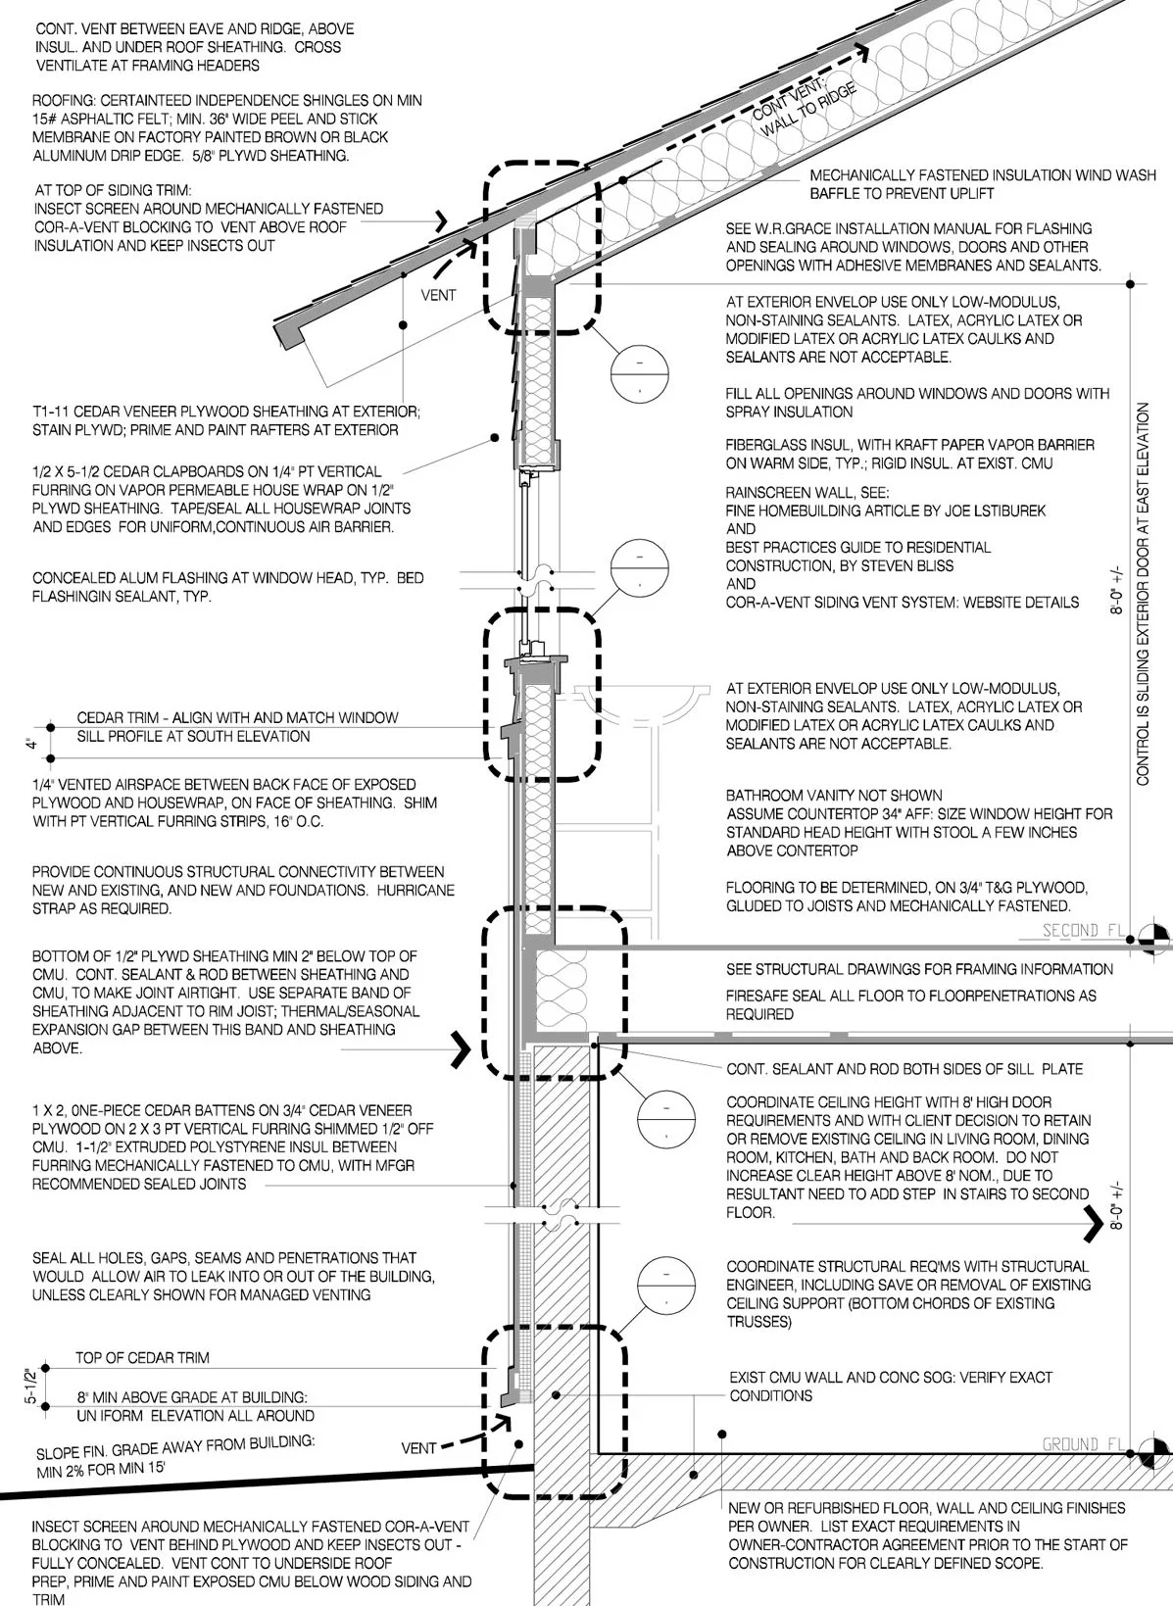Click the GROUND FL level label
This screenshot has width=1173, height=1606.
[x=1082, y=1444]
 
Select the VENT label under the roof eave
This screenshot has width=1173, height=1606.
[x=438, y=295]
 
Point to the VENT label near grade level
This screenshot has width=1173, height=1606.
[x=418, y=1448]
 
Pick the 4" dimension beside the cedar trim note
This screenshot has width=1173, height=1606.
[x=31, y=745]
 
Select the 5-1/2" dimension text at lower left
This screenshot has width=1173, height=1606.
[x=30, y=1386]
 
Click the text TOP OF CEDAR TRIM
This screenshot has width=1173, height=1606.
[x=142, y=1358]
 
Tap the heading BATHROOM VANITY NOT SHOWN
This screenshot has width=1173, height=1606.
[x=834, y=795]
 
